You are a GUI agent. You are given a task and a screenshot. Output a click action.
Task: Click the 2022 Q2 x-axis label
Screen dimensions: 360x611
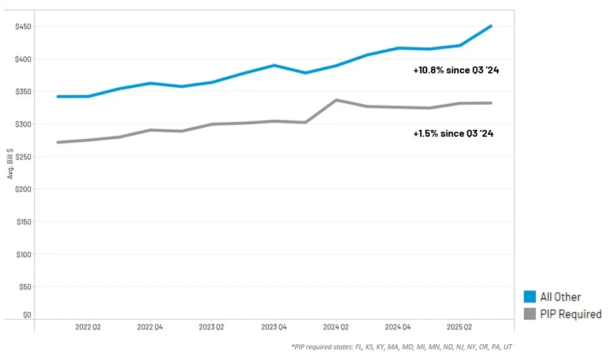[x=88, y=327]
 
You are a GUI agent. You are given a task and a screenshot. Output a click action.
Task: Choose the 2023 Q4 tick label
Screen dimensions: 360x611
[x=274, y=327]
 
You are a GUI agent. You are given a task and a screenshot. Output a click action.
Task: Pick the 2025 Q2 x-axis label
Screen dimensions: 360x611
[x=459, y=327]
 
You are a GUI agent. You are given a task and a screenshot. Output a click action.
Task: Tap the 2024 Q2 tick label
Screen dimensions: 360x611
[x=336, y=327]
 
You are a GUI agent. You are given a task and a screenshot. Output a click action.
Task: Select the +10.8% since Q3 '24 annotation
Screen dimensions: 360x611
[x=456, y=70]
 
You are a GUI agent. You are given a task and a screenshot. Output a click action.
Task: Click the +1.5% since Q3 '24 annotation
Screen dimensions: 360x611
[x=454, y=133]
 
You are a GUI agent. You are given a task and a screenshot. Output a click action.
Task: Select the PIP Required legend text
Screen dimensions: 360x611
[x=570, y=314]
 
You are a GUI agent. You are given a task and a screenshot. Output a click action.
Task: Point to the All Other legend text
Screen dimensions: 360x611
[x=560, y=297]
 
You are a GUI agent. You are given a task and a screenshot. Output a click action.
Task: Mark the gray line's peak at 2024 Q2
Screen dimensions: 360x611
[x=337, y=100]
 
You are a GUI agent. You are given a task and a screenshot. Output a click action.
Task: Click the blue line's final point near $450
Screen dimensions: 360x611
[x=491, y=26]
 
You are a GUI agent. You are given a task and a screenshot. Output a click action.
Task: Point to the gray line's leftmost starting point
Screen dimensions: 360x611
[x=58, y=142]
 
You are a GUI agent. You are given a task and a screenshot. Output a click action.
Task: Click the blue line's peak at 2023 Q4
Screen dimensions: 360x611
[x=275, y=65]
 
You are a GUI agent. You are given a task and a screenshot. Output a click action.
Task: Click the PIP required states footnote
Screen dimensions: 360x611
[x=401, y=347]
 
